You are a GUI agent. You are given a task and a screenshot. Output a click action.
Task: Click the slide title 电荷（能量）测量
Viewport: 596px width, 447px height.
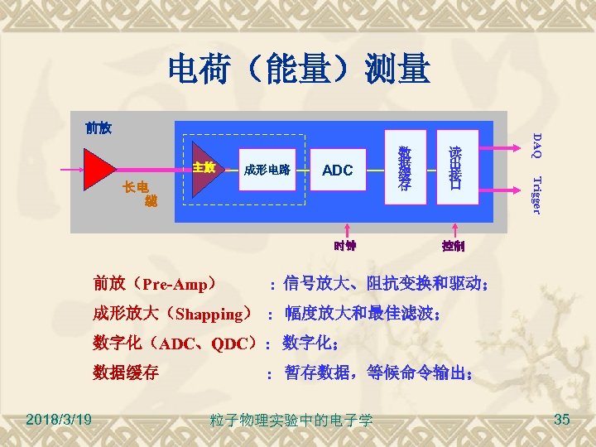tap(299, 70)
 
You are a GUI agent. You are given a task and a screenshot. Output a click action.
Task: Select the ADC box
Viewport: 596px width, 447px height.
tap(337, 171)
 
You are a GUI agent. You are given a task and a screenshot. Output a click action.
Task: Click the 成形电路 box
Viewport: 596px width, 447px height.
tap(266, 171)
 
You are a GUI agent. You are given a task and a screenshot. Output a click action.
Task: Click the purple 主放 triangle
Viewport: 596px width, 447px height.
tap(203, 171)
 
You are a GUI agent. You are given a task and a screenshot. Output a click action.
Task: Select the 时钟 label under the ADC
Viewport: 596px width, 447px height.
tap(345, 245)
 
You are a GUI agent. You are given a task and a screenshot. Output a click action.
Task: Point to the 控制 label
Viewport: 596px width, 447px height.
tap(453, 246)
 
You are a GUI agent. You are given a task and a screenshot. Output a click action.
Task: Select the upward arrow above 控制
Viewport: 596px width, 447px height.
tap(453, 230)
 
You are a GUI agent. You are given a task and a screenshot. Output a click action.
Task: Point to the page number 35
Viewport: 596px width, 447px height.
tap(562, 420)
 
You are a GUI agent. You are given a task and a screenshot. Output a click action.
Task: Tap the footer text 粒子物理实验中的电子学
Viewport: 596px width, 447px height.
tap(291, 421)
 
